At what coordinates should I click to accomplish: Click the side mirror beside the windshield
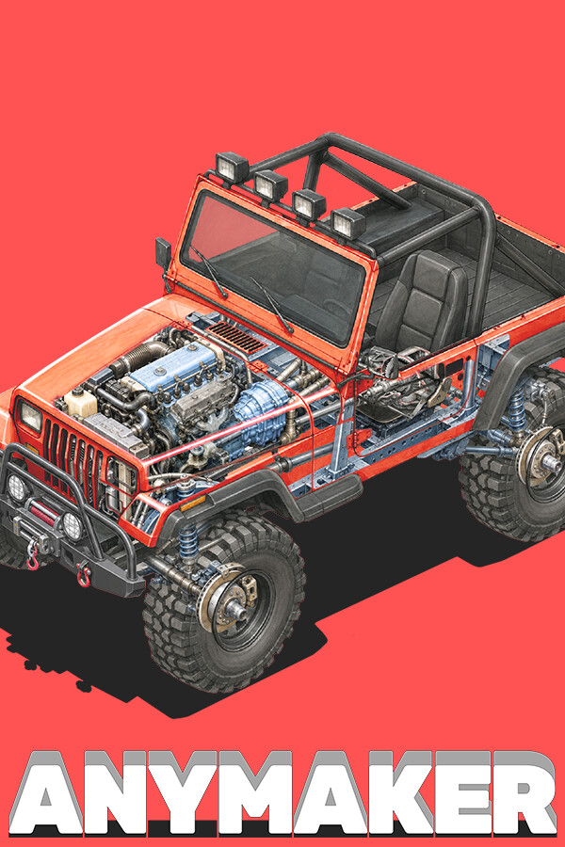point(163,253)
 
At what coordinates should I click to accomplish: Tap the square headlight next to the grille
point(31,417)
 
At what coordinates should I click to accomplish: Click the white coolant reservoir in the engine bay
point(81,403)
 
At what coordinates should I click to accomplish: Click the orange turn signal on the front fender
point(193,504)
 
